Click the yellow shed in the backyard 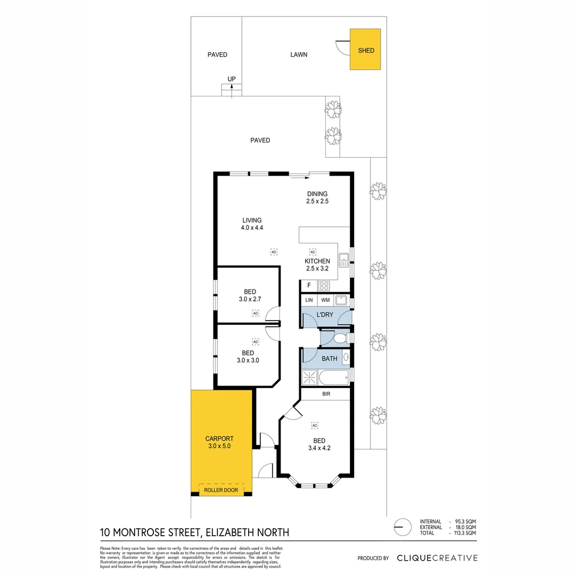(365, 50)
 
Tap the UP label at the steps (232, 79)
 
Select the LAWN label (299, 54)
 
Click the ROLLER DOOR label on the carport (221, 490)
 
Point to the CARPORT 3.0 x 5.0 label (219, 442)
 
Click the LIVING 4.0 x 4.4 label (252, 224)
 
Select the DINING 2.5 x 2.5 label (317, 198)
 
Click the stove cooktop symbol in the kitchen (324, 285)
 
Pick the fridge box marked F (309, 285)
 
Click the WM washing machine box (325, 301)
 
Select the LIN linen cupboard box (309, 301)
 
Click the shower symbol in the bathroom (309, 377)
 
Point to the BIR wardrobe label (325, 395)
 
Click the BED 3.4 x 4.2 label (319, 444)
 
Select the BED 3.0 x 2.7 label (250, 295)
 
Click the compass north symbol (402, 527)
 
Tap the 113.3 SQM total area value (465, 532)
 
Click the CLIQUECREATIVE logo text (437, 558)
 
